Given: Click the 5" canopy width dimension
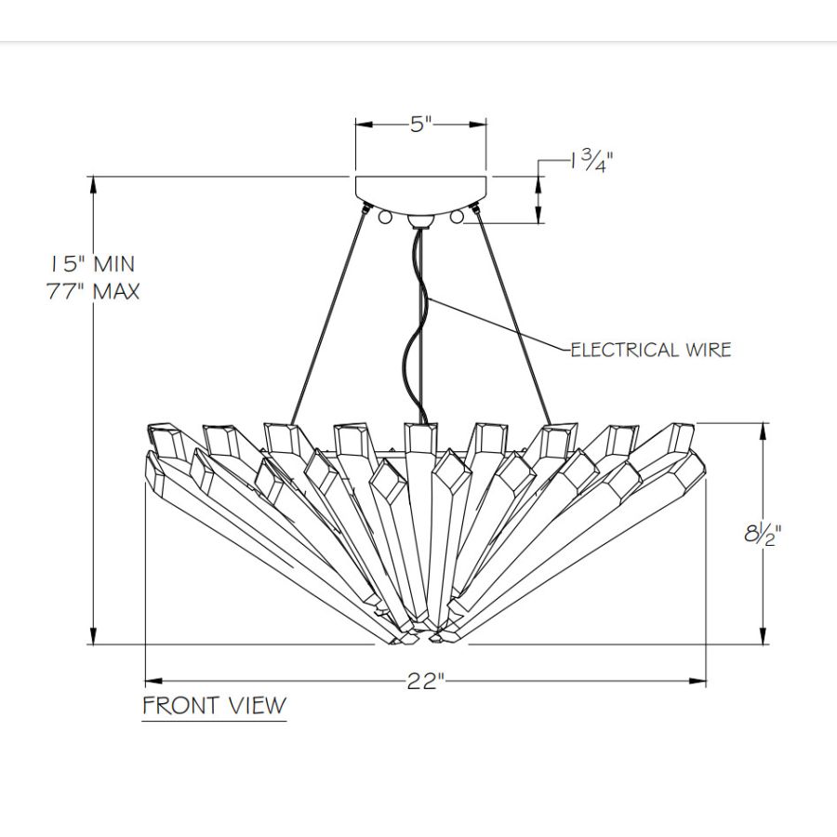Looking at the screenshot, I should pyautogui.click(x=421, y=125).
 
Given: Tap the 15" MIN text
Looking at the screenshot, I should pyautogui.click(x=92, y=264).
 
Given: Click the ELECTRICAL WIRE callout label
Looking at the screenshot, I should pyautogui.click(x=651, y=350).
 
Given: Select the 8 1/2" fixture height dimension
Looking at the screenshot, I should pyautogui.click(x=761, y=537).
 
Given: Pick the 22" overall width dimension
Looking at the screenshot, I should pyautogui.click(x=426, y=682).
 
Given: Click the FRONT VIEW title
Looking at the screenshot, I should pyautogui.click(x=214, y=705).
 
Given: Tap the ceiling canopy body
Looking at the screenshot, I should pyautogui.click(x=421, y=190).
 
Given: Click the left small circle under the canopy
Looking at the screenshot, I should pyautogui.click(x=385, y=217).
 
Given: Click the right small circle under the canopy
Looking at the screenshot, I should pyautogui.click(x=457, y=217).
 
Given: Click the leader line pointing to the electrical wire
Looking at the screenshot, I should pyautogui.click(x=502, y=325).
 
